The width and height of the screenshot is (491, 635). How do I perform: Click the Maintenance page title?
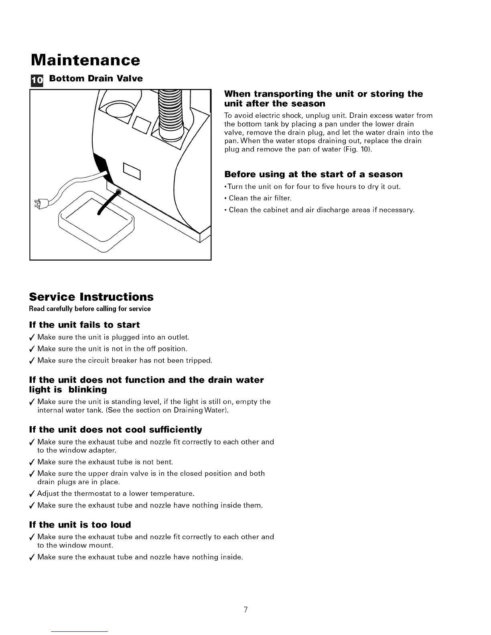click(85, 60)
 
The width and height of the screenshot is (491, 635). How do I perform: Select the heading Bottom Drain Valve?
click(95, 79)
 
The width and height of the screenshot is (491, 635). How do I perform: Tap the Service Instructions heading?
click(91, 297)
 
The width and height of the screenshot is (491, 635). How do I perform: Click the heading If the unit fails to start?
click(85, 325)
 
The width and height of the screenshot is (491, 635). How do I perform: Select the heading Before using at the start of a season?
click(313, 174)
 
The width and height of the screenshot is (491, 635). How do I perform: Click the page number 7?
click(245, 610)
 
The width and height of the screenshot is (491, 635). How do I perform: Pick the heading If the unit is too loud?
click(80, 525)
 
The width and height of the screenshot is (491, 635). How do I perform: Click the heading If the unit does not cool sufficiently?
click(116, 430)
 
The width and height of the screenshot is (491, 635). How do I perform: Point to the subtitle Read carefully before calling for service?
click(90, 309)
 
